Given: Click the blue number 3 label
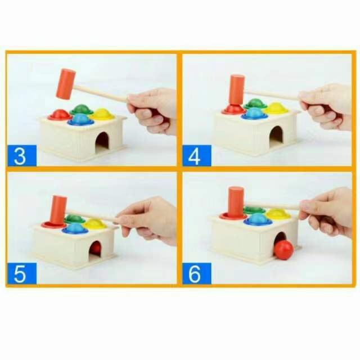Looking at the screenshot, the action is pyautogui.click(x=22, y=155).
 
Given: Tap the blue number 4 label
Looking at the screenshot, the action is pyautogui.click(x=197, y=155).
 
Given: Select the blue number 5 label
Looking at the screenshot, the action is pyautogui.click(x=22, y=273).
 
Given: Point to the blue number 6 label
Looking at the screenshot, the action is pyautogui.click(x=197, y=273).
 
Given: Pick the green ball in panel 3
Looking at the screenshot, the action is pyautogui.click(x=81, y=109).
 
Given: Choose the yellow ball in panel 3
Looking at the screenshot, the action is pyautogui.click(x=102, y=114).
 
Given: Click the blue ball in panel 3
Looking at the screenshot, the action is pyautogui.click(x=81, y=119).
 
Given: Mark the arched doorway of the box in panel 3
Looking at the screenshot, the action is pyautogui.click(x=102, y=142).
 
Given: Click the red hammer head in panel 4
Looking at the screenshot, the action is pyautogui.click(x=237, y=90).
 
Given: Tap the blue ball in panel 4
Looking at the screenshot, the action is pyautogui.click(x=254, y=114).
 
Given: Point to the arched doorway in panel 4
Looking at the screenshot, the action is pyautogui.click(x=276, y=137).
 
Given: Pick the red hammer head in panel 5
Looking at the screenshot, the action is pyautogui.click(x=59, y=210).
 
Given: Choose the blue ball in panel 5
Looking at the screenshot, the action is pyautogui.click(x=75, y=228).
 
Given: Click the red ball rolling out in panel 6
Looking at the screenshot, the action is pyautogui.click(x=283, y=250).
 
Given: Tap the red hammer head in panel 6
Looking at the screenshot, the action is pyautogui.click(x=236, y=201).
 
